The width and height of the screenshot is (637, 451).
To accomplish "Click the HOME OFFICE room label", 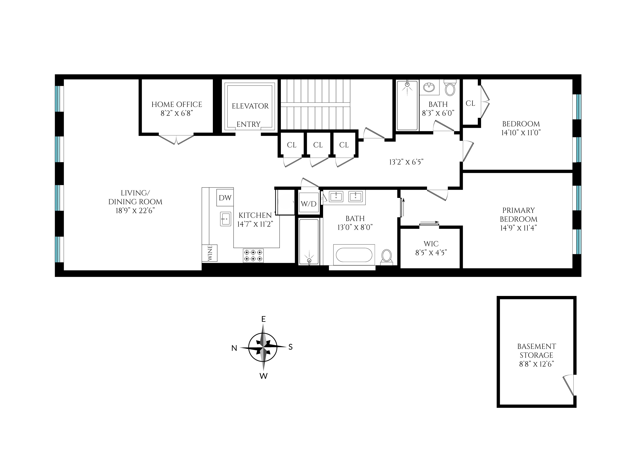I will coord(177,104).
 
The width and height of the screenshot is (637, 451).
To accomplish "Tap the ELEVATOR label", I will coord(250,106).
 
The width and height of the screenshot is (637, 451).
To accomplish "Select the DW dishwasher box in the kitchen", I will coord(225,198).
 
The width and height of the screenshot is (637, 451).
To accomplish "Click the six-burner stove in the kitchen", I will coord(253,256).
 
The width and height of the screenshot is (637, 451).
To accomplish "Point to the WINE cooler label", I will coord(210,253).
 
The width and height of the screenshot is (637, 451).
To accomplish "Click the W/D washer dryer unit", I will coord(309,204).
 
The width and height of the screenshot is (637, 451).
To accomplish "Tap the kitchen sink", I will coord(225,219).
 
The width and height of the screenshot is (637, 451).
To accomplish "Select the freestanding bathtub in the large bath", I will coord(354,255).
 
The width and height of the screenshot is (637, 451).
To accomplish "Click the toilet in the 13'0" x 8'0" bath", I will coord(386,256).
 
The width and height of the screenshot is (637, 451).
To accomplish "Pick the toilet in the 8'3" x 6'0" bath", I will coord(450,89).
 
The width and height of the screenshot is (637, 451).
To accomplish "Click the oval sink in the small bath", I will coord(429,88).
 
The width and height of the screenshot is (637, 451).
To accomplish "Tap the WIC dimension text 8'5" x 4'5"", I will coord(431,252).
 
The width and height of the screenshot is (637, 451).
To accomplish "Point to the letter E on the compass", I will coord(263,319).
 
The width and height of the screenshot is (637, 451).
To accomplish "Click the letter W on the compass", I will coord(263,376).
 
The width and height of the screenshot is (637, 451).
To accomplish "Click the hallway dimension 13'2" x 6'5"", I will coord(406,162).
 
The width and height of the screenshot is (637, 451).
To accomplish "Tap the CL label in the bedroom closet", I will coord(470,103).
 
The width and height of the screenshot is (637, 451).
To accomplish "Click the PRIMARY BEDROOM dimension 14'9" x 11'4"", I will coord(518,228).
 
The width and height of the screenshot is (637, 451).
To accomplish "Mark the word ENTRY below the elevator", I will coord(248,124).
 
